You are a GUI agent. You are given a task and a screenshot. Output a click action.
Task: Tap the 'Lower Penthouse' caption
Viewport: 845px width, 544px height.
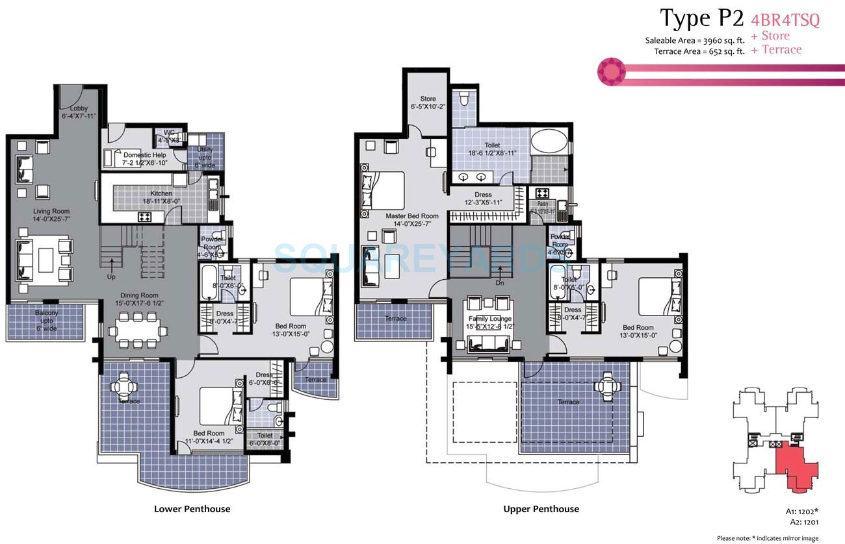(x=192, y=509)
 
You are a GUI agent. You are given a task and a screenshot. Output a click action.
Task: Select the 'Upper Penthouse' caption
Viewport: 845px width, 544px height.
(x=541, y=509)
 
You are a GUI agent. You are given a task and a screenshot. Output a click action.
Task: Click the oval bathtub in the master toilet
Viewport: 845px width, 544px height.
(x=549, y=142)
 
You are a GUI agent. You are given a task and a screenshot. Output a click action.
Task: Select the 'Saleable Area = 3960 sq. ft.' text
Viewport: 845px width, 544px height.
(x=694, y=40)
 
